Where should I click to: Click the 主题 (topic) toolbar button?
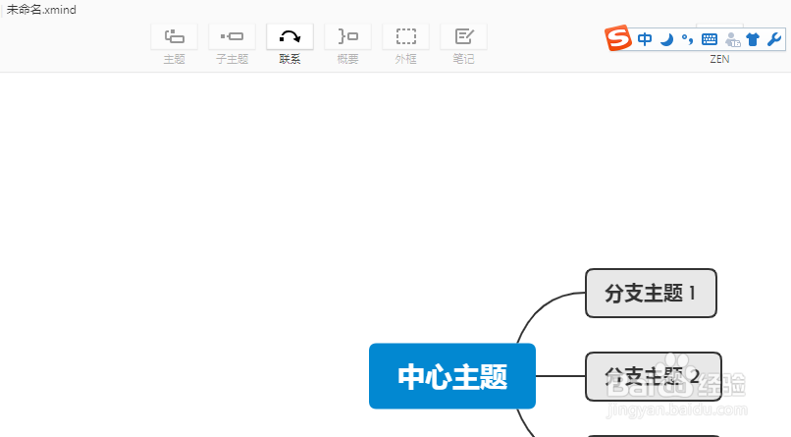[174, 37]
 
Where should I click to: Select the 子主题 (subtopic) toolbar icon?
[232, 37]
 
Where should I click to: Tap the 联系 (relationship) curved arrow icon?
[290, 37]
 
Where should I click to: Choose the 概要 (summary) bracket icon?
[347, 37]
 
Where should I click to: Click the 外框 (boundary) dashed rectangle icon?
[405, 37]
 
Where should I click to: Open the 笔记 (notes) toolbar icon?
[463, 37]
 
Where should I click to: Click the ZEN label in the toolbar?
[719, 59]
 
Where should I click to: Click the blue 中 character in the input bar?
[645, 39]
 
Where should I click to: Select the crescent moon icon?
[666, 39]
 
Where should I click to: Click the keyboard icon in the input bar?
[710, 39]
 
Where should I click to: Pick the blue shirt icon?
[753, 39]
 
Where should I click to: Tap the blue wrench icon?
[773, 39]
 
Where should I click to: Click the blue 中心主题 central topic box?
[452, 376]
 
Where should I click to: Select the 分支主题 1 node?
[651, 293]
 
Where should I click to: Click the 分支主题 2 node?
[653, 376]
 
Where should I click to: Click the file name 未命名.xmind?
[41, 9]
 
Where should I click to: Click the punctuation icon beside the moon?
[687, 39]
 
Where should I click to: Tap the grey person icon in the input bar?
[731, 39]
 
